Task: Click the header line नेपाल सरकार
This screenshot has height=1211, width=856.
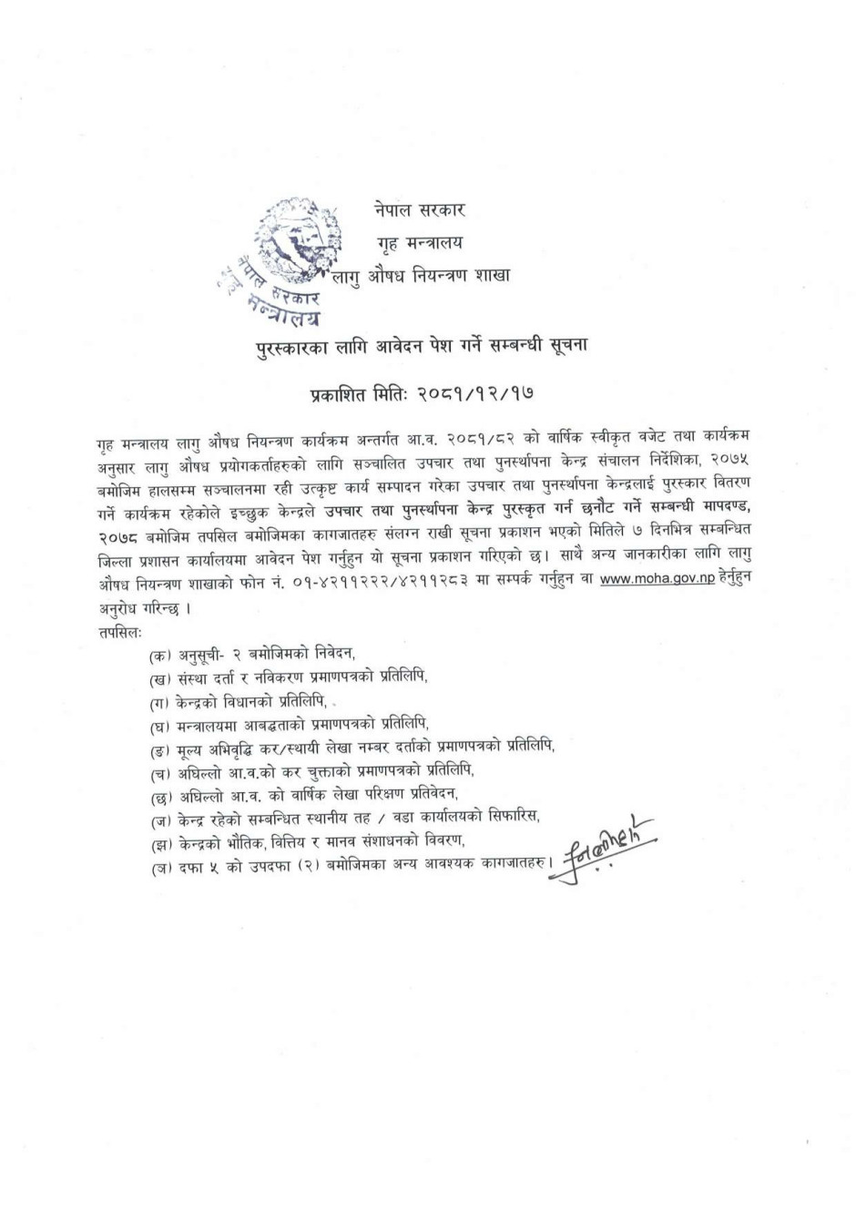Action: (419, 210)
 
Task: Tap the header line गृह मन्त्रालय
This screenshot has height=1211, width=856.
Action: (420, 242)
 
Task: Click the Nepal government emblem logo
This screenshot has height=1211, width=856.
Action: (295, 238)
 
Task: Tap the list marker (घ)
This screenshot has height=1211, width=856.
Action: (161, 726)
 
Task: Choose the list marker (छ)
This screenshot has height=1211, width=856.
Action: (161, 795)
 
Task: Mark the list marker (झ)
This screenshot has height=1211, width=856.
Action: (161, 842)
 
